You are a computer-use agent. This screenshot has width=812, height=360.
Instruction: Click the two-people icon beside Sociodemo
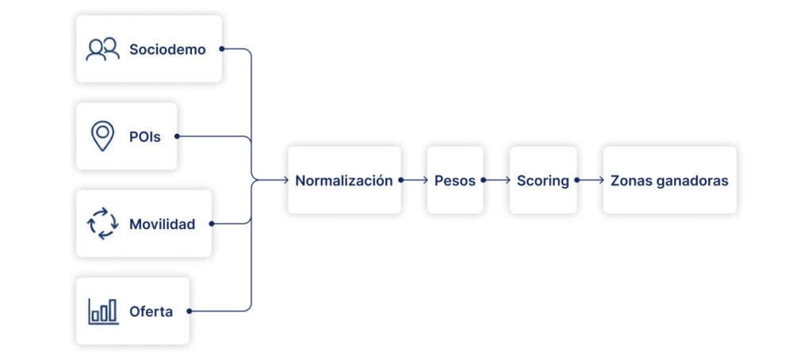coord(102,49)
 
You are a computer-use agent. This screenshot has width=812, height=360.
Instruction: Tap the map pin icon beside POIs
coord(102,136)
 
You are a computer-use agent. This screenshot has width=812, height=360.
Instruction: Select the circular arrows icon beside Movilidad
coord(102,224)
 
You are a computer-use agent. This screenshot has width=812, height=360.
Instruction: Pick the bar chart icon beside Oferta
coord(102,311)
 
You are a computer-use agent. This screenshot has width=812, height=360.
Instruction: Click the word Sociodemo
coord(167,50)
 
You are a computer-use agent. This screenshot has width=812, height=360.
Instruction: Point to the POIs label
coord(145,137)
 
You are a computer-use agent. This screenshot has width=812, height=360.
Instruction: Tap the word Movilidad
coord(162,224)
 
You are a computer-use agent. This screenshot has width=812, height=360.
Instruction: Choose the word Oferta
coord(151,312)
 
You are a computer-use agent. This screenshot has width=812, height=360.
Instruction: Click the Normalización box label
coord(343,181)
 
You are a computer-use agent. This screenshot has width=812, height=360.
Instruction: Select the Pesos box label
coord(454,181)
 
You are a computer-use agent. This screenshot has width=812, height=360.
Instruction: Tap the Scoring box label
coord(542,181)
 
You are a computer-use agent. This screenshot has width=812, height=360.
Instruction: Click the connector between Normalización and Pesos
coord(412,181)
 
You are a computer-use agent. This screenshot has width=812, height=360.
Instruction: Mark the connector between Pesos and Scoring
coord(496,181)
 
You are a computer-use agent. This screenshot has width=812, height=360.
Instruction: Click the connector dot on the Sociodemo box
coord(220,49)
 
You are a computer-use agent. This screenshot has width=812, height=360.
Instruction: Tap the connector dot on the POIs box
coord(176,136)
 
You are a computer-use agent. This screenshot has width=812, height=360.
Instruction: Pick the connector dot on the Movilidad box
coord(211,224)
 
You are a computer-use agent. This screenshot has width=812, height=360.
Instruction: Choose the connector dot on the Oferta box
coord(189,311)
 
